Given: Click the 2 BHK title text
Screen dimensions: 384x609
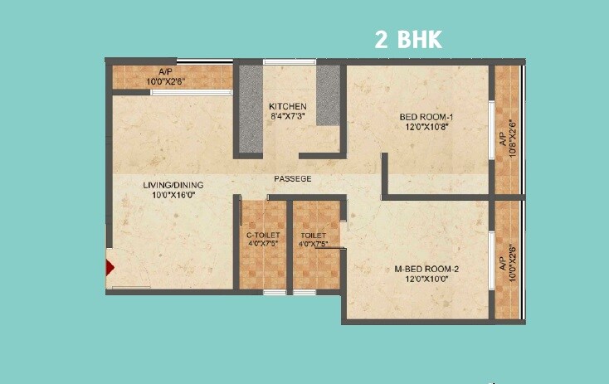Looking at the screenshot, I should pos(408,40).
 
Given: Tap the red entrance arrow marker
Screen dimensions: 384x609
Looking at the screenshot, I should pos(109,267).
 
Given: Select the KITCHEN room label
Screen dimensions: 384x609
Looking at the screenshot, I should pos(288,107).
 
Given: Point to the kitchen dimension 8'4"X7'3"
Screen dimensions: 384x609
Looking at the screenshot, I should pos(288,118).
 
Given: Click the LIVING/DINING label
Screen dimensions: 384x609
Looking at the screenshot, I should pos(173,184).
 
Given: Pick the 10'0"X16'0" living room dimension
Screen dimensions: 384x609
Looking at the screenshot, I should pos(173,196).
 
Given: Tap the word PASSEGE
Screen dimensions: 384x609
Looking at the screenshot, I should pos(294,178).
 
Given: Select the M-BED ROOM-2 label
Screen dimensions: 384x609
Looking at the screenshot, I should pos(426,267).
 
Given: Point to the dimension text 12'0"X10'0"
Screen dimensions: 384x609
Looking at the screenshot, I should pos(426,279).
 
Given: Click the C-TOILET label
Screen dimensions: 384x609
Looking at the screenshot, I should pos(261,236).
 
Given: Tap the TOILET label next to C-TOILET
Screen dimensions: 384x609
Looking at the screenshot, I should pos(314,236).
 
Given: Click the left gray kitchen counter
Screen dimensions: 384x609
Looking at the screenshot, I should pos(251,108).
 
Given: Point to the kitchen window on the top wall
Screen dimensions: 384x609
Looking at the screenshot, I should pos(290,62).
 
